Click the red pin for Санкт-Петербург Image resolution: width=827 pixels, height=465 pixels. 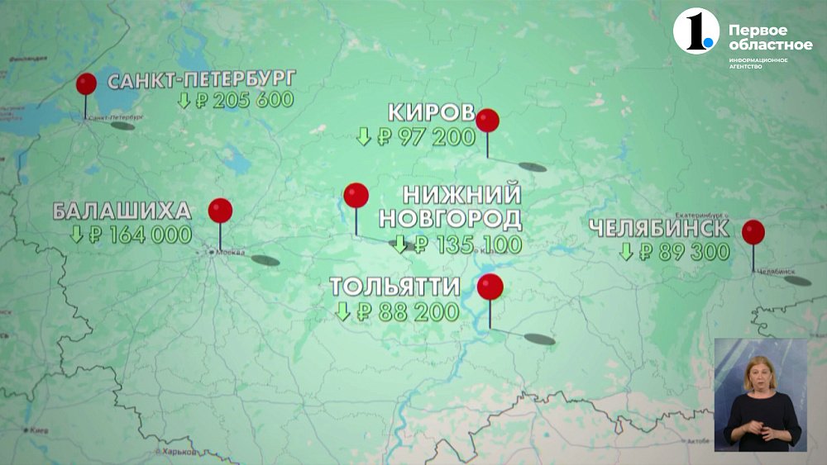pyautogui.click(x=86, y=84)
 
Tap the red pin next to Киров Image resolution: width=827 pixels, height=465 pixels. pyautogui.click(x=488, y=121)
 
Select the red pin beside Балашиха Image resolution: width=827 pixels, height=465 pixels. pyautogui.click(x=220, y=211)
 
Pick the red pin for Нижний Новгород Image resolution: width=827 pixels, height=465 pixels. pyautogui.click(x=356, y=196)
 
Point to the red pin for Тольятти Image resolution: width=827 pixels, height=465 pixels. pyautogui.click(x=490, y=287)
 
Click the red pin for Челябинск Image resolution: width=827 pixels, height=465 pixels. pyautogui.click(x=753, y=232)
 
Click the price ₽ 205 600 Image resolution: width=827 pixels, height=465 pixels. pyautogui.click(x=244, y=101)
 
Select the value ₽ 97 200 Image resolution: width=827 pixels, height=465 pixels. pyautogui.click(x=426, y=137)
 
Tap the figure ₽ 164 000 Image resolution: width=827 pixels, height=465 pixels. pyautogui.click(x=140, y=235)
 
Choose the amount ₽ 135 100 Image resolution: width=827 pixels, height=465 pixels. pyautogui.click(x=467, y=244)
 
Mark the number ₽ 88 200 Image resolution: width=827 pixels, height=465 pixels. pyautogui.click(x=407, y=311)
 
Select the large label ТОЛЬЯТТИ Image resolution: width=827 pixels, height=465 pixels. pyautogui.click(x=395, y=287)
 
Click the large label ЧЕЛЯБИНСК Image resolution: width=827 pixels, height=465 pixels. pyautogui.click(x=660, y=228)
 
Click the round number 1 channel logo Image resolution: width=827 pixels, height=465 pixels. pyautogui.click(x=694, y=31)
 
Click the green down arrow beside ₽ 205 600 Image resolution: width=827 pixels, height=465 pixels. pyautogui.click(x=184, y=101)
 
